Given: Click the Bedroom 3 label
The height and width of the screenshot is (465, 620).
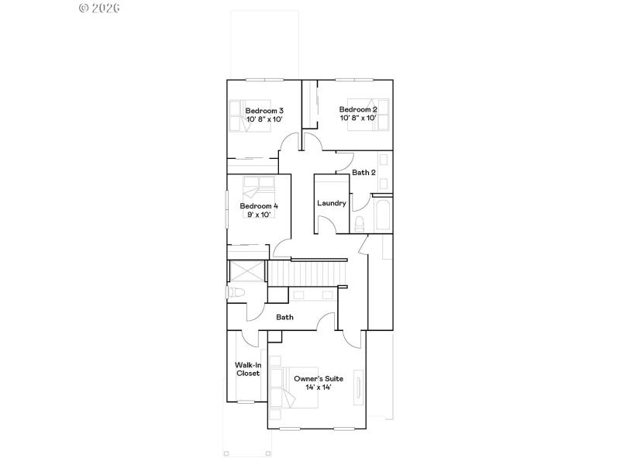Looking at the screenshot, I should pos(264,110).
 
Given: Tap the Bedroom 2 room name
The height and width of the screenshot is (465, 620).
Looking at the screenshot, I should pos(357,109).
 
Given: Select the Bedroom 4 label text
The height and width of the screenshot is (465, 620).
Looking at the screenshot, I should pos(258,206).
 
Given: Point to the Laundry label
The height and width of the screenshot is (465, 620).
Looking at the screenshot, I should pos(331,203).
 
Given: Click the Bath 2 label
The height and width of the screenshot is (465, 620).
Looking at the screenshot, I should pos(363,172).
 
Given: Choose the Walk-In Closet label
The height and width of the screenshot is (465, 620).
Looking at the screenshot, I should pos(247,369).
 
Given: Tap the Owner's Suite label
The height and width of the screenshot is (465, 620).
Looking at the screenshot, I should pos(318,378).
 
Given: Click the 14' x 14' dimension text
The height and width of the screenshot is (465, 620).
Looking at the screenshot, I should pos(318,387).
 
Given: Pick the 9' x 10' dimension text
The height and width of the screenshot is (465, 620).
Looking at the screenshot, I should pos(258,215).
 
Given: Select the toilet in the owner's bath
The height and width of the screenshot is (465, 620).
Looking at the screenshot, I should pos(236,293).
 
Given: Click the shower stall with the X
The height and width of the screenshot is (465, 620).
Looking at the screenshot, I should pos(246,273).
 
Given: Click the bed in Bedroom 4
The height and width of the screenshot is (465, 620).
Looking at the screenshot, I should pos(258,188).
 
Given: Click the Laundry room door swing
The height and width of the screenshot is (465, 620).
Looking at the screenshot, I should pos(327,224).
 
